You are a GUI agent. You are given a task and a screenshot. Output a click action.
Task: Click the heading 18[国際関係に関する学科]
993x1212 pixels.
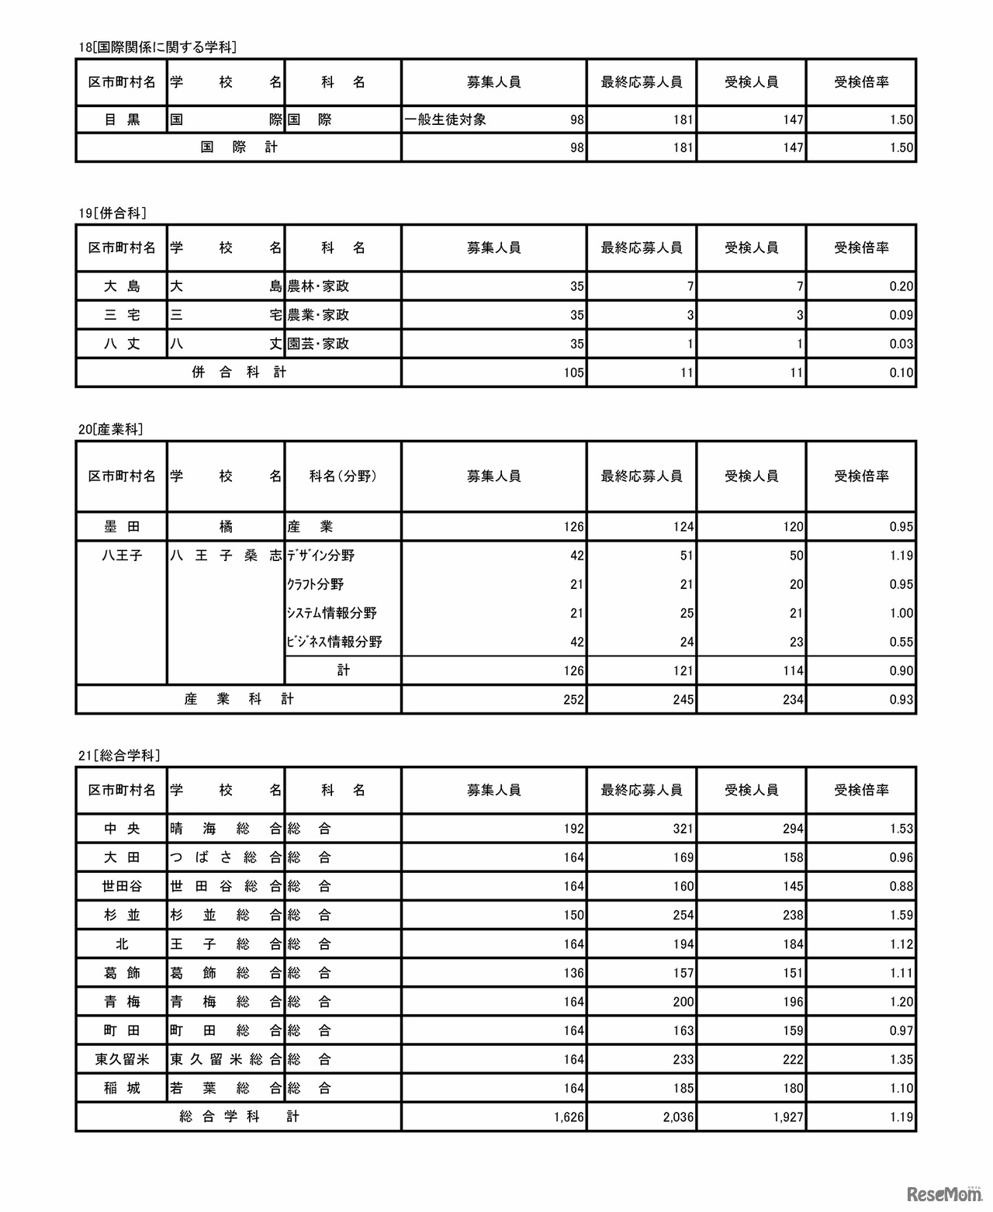(157, 47)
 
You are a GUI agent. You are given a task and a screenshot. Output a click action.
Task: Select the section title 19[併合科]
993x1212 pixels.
(112, 213)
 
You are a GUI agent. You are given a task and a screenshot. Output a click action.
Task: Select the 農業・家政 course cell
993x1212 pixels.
(318, 315)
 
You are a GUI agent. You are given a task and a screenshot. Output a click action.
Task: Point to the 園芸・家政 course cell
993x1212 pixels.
(318, 344)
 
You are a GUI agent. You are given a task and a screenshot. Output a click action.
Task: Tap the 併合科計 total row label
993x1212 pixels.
(239, 372)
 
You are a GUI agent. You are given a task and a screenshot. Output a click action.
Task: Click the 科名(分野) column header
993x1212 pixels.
(343, 476)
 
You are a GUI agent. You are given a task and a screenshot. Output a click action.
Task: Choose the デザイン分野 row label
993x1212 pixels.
(320, 556)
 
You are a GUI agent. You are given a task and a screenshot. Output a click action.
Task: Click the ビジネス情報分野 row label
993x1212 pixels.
(334, 642)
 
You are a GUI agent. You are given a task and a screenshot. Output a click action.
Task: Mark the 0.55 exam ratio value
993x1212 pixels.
(901, 642)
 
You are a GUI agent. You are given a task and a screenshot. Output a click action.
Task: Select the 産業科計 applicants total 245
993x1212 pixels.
(683, 700)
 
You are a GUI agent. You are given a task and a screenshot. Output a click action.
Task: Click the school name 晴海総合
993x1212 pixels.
(226, 829)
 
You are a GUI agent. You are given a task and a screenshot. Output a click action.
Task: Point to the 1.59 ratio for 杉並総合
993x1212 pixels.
(901, 915)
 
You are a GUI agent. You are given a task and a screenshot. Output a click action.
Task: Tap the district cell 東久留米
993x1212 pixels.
(122, 1059)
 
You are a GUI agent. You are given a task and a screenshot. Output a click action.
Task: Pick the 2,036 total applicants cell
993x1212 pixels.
(679, 1117)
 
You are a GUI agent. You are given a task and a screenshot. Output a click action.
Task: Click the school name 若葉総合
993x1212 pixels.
(226, 1089)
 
